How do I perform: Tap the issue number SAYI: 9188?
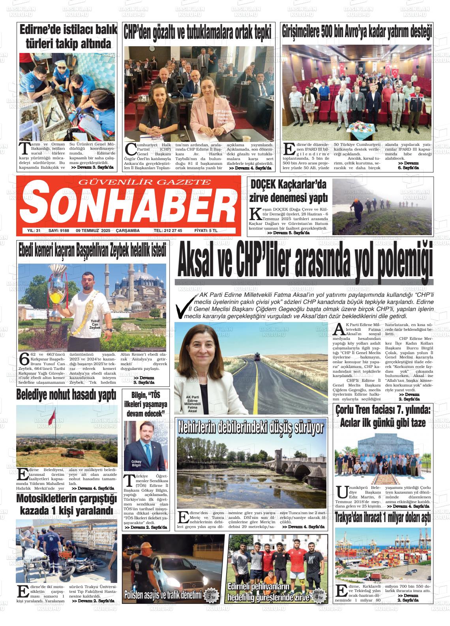tap(58, 231)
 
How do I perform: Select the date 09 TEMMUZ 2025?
tap(93, 231)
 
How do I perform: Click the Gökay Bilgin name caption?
tap(136, 464)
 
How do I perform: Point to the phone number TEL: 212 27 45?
tap(168, 231)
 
